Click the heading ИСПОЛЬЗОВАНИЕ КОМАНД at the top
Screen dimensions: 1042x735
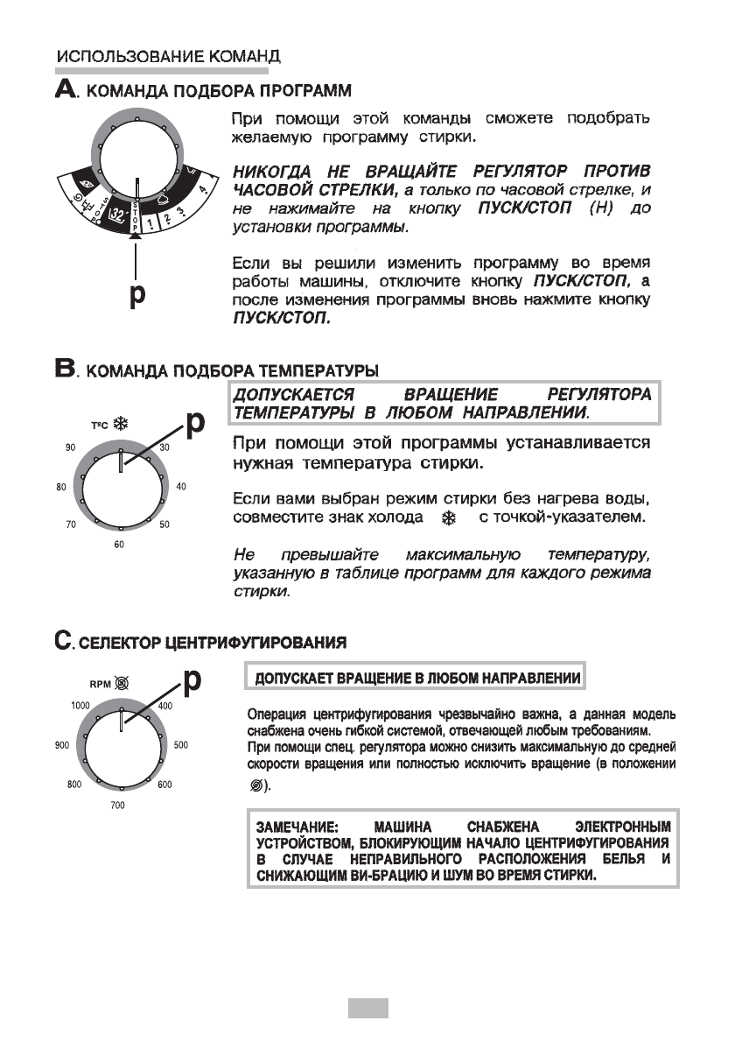coord(168,58)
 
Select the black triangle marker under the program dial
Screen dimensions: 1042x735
coord(135,234)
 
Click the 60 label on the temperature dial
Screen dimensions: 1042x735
coord(119,545)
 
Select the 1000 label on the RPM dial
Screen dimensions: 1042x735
coord(80,705)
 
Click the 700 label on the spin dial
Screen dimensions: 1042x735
coord(119,805)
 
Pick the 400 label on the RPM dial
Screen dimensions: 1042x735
coord(166,705)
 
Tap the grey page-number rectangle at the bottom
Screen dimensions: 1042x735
coord(367,1008)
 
